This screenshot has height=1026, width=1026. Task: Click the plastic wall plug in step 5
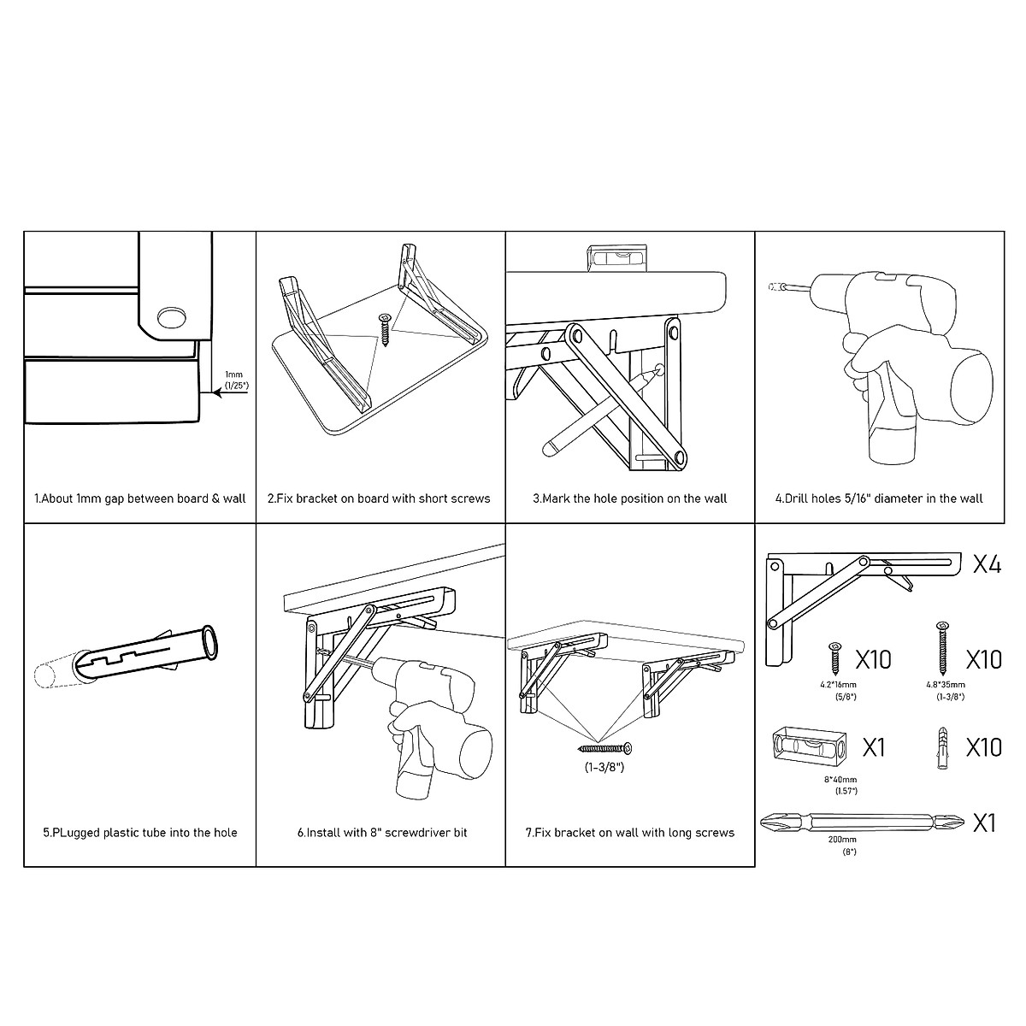tap(145, 655)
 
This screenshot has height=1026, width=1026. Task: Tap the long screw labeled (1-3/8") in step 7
tap(605, 749)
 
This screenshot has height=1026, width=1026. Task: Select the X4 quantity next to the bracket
tap(987, 565)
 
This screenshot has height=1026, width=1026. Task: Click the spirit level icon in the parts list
tap(808, 746)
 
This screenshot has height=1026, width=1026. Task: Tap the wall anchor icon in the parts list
tap(940, 746)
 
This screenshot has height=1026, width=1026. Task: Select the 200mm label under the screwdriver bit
tap(841, 840)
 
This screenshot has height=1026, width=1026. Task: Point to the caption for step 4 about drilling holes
tap(879, 498)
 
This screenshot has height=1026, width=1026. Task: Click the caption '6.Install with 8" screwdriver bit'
tap(381, 832)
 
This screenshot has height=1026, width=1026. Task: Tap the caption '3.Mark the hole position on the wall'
tap(629, 498)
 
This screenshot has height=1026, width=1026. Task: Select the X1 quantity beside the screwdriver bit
tap(985, 823)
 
